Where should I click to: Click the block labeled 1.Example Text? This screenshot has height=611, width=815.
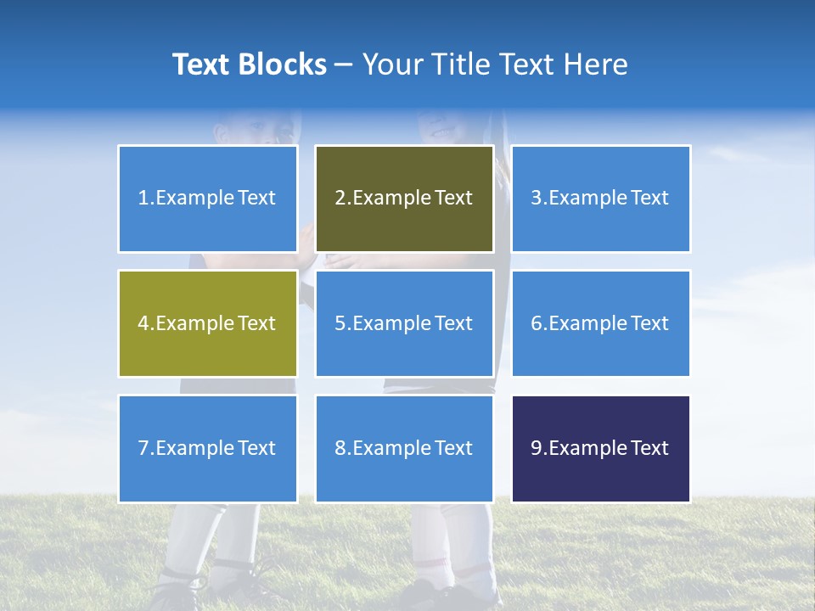coord(208,199)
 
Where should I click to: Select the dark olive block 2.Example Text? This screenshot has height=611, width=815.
coord(404,199)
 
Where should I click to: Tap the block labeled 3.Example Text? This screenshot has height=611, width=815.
coord(601,199)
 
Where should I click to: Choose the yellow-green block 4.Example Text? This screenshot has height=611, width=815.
coord(208,323)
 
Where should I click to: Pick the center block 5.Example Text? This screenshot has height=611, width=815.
coord(404,323)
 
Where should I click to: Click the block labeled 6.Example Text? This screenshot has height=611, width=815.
coord(601,323)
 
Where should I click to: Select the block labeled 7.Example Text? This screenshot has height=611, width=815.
coord(208,448)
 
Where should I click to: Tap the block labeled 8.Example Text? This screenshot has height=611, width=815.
coord(404,448)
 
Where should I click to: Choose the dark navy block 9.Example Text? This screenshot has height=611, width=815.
coord(601,448)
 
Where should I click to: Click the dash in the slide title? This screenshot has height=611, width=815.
coord(344,64)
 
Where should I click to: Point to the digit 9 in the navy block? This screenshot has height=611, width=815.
coord(537,448)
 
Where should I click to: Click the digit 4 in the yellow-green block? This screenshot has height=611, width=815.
coord(143,323)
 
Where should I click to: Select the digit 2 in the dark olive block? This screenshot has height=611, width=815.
coord(340,199)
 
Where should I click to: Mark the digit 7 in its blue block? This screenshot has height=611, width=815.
coord(143,448)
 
